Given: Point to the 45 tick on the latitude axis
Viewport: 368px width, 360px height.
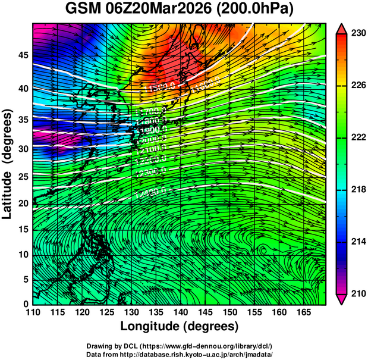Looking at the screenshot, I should pos(22,55).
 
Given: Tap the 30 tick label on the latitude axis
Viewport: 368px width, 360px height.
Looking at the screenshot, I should pos(22,149).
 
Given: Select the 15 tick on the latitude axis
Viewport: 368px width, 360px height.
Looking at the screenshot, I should pos(22,229).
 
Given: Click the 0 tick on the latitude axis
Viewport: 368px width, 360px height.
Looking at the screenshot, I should pos(26,304).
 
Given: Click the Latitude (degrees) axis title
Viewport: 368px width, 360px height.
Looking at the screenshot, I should pos(8,164).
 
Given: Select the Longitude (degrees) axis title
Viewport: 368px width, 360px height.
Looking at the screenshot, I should pos(180,326).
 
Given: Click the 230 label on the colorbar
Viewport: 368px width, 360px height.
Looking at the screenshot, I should pos(358,34).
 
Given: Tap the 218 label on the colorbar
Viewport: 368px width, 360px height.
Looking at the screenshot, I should pos(358,190).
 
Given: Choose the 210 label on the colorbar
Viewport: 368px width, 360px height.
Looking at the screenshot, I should pos(358,293).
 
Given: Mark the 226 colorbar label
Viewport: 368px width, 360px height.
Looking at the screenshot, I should pos(358,86).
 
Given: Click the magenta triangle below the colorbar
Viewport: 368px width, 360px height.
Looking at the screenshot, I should pos(342,299).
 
